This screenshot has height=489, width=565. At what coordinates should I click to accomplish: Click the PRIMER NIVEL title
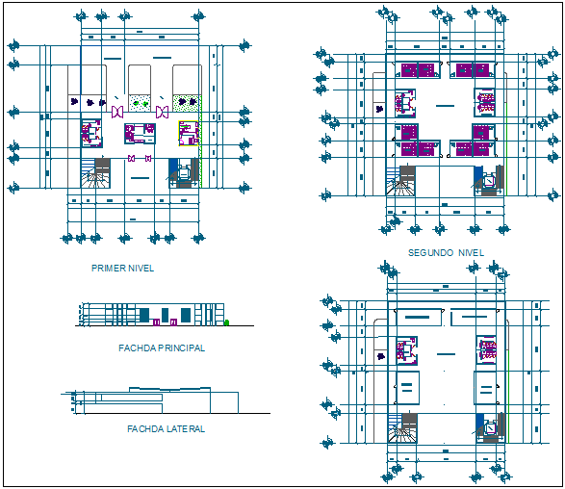pos(122,269)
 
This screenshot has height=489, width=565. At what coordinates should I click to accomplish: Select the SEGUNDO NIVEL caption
pos(446,253)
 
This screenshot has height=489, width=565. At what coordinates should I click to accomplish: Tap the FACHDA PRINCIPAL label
pos(161,348)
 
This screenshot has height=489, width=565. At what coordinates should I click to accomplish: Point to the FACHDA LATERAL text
pos(166,429)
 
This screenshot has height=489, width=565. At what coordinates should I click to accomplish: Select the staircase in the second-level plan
pos(401,180)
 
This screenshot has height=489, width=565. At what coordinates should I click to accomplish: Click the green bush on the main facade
pos(226,323)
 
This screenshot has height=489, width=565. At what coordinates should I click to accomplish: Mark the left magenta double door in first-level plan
pos(117,113)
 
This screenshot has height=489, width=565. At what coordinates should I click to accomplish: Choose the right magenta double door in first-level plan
pos(162,113)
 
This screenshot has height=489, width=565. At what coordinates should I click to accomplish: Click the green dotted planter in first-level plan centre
pos(141,101)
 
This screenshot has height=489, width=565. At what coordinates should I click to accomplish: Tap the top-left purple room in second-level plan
pos(418,69)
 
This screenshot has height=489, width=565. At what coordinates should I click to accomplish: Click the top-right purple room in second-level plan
pos(473,69)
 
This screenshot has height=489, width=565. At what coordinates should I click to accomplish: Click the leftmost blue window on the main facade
pos(143,315)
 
